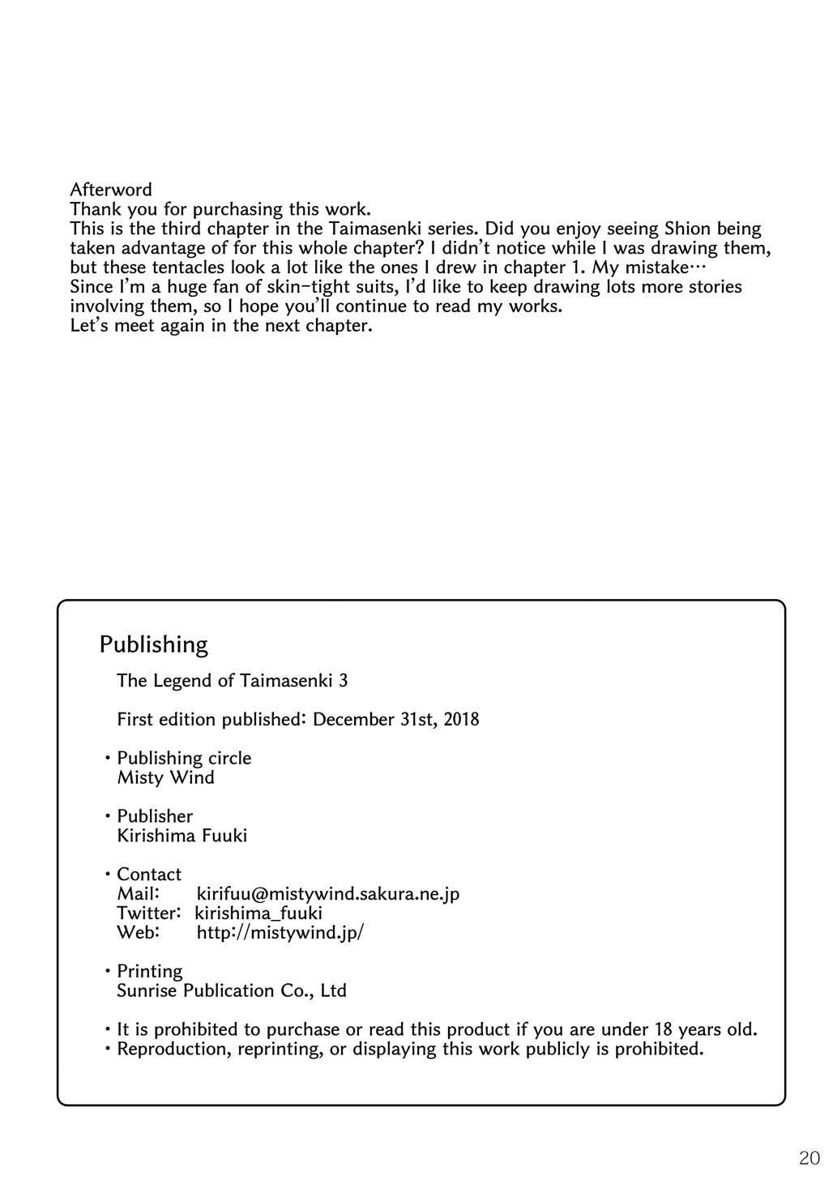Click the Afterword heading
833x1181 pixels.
[111, 190]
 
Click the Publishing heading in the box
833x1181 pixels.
[154, 644]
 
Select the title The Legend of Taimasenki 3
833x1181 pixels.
[233, 680]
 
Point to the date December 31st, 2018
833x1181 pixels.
[395, 719]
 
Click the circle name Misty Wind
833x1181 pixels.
[166, 777]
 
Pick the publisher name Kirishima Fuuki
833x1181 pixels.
[182, 835]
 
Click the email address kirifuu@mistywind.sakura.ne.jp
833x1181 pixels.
[328, 893]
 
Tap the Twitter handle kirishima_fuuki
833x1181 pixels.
[258, 913]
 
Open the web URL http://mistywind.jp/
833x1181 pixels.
[280, 932]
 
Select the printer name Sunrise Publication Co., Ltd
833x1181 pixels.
[232, 991]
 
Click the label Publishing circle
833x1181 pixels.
[184, 758]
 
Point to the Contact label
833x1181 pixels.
[149, 874]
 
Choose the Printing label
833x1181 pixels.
[150, 971]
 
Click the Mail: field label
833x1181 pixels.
[138, 893]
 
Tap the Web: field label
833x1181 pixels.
[138, 932]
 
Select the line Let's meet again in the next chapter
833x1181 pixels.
[221, 327]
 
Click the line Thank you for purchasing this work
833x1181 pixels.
[220, 209]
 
